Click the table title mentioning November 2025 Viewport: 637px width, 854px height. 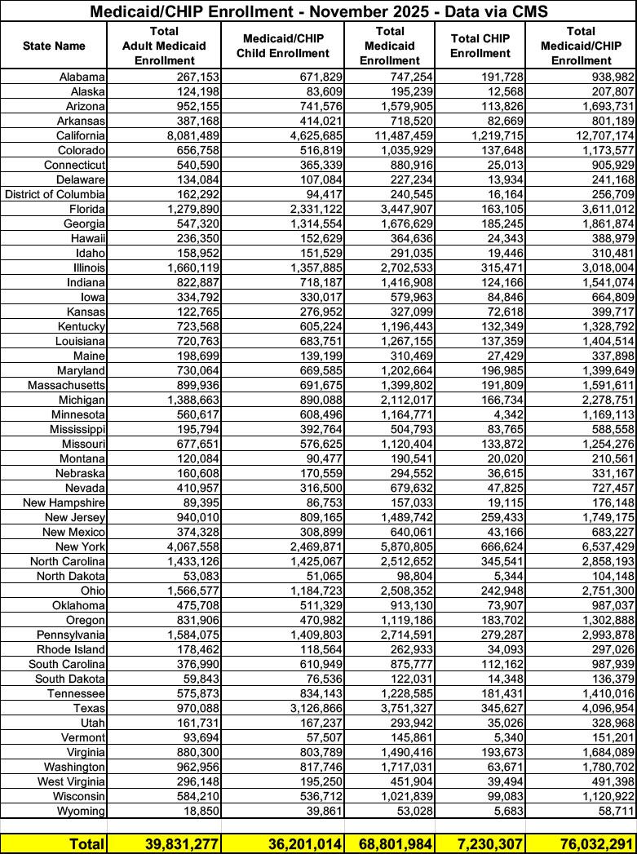[318, 11]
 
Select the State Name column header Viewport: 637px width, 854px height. [54, 46]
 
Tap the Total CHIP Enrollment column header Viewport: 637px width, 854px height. [480, 46]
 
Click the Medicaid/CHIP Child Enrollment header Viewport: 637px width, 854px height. [285, 46]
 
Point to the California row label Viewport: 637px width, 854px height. [81, 135]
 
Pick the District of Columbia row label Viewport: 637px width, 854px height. [55, 194]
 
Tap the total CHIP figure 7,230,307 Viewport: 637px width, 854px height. [485, 843]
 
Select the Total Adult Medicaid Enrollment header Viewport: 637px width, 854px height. [164, 46]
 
